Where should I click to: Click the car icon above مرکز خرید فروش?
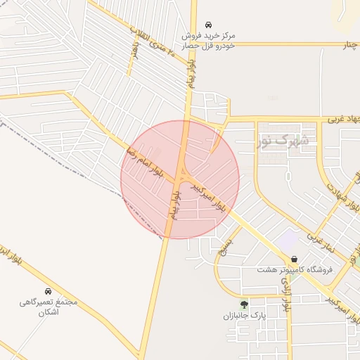coord(208,24)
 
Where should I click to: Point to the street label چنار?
coord(351,46)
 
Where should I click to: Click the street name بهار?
coord(135,50)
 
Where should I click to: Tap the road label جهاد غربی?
coord(343,119)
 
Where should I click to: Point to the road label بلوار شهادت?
coord(341,194)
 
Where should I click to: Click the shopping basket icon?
coord(293,259)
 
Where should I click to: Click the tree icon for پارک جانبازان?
coord(244,304)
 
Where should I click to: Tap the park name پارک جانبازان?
coord(244,316)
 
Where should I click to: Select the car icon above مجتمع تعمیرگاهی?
coord(48,291)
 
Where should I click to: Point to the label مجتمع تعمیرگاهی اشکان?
coord(48,307)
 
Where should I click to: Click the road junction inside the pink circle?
coord(181,173)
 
